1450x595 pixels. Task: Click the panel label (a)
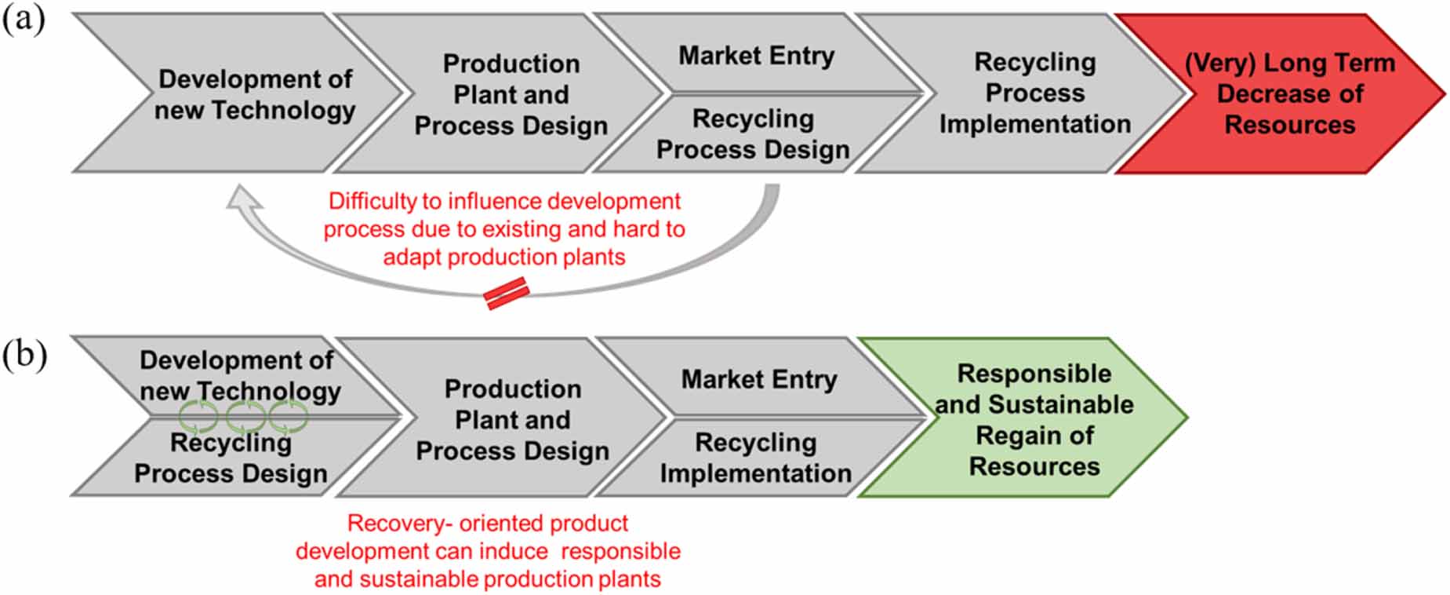tap(24, 20)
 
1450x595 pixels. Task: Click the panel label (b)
tap(24, 355)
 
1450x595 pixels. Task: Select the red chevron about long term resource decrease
tap(1281, 93)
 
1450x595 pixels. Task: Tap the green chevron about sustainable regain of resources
tap(1023, 418)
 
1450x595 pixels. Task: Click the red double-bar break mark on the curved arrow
tap(507, 294)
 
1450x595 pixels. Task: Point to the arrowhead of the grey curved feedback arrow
tap(242, 198)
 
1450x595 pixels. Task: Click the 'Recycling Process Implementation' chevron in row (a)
tap(1019, 93)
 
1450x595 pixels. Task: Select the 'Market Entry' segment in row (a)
tap(757, 54)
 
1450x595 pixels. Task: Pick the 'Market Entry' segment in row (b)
tap(759, 378)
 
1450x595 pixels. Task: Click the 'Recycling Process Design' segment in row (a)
tap(753, 134)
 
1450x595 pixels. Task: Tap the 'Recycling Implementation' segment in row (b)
tap(756, 458)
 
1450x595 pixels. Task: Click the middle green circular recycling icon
tap(245, 416)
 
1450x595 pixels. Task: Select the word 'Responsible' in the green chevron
tap(1034, 374)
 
